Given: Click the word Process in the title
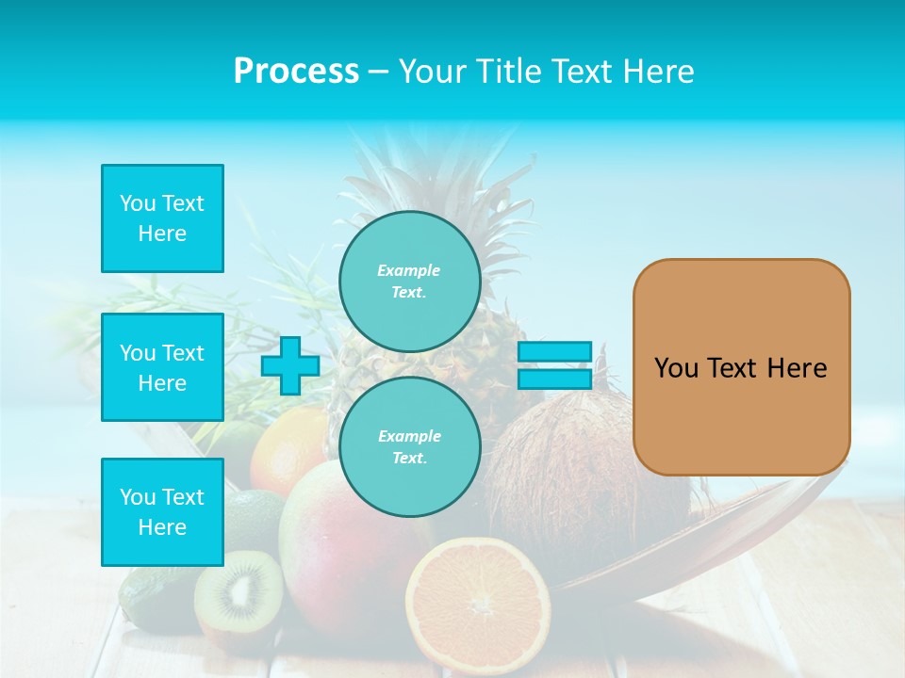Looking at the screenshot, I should pyautogui.click(x=296, y=72).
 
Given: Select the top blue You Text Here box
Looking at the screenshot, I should pyautogui.click(x=162, y=218).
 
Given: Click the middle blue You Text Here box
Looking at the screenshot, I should pyautogui.click(x=162, y=367).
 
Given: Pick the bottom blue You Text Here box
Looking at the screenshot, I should pyautogui.click(x=162, y=512).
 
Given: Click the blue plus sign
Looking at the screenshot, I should pyautogui.click(x=290, y=366).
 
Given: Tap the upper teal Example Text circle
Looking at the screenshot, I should pyautogui.click(x=409, y=281).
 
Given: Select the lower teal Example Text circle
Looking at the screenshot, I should pyautogui.click(x=409, y=446).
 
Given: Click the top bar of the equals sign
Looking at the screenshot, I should pyautogui.click(x=554, y=352).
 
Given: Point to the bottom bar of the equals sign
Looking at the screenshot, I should pyautogui.click(x=554, y=379).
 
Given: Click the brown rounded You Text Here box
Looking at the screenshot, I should pyautogui.click(x=741, y=367).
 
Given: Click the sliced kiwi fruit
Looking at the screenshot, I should pyautogui.click(x=239, y=593).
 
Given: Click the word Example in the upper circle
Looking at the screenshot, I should pyautogui.click(x=409, y=270).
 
